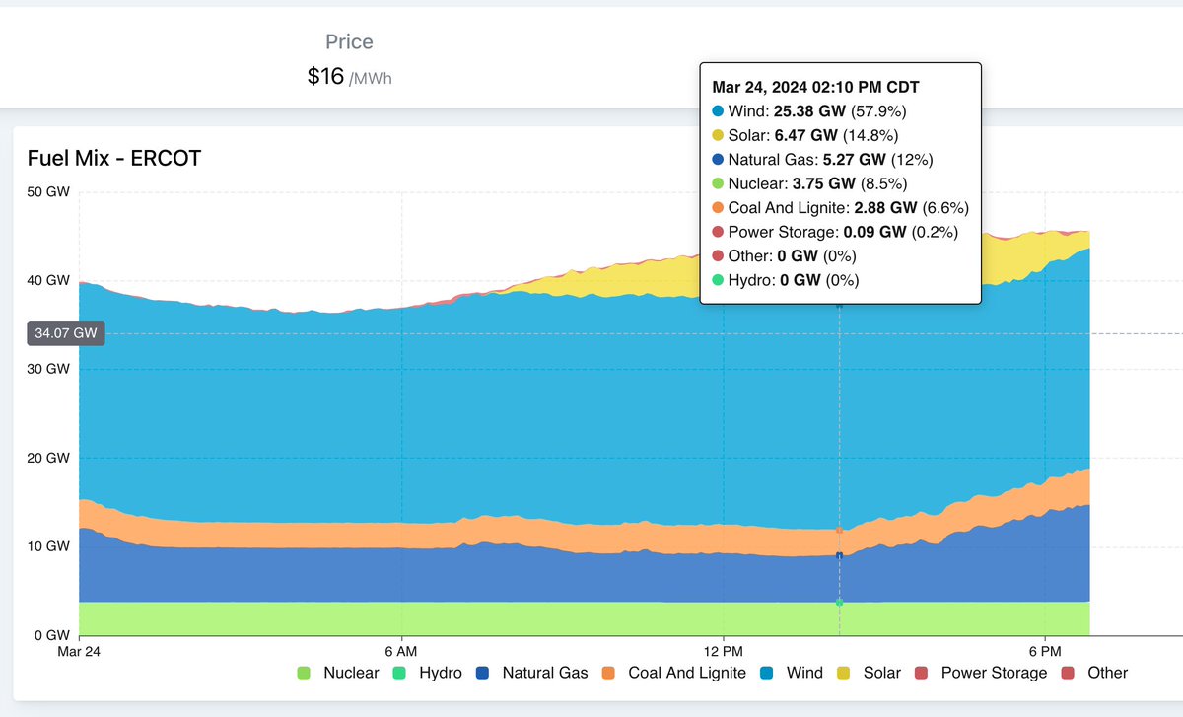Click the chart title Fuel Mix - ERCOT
(x=113, y=158)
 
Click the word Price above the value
(x=349, y=42)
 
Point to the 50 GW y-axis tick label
(x=47, y=192)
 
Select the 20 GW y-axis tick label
(x=47, y=458)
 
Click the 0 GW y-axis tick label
(x=50, y=635)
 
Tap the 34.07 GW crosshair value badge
(x=65, y=333)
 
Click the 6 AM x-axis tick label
(x=401, y=652)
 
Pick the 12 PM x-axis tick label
(x=724, y=652)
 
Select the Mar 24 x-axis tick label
(x=79, y=652)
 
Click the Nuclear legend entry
(x=338, y=673)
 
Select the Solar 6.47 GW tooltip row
(x=804, y=135)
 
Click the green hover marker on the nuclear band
(x=839, y=602)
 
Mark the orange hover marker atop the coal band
(x=839, y=531)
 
